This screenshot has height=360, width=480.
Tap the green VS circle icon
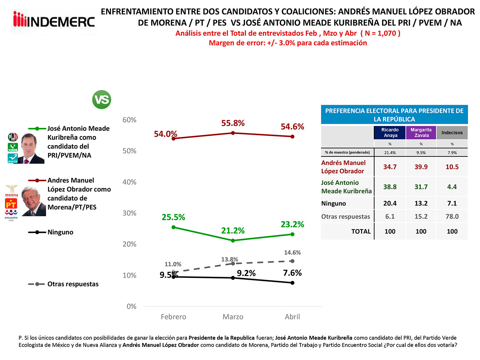point(102,100)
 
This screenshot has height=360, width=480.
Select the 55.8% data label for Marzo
point(233,123)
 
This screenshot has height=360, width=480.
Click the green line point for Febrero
point(173,227)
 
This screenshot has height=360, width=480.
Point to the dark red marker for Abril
point(292,136)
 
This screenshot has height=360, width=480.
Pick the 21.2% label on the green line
point(233,230)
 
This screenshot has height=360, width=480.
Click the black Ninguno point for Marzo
point(233,278)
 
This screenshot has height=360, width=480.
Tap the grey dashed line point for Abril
point(292,261)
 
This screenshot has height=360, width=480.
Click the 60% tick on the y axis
point(129,120)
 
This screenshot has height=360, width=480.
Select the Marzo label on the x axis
point(233,317)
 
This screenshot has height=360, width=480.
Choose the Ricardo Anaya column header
point(390,132)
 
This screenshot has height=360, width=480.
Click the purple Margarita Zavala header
point(421,132)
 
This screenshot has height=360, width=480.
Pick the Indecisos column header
point(452,132)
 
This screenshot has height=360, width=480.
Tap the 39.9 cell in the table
point(421,167)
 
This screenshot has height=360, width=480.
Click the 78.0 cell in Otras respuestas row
point(452,216)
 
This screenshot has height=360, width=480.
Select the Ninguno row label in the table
point(334,203)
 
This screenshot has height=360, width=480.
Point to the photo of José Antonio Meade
point(31,148)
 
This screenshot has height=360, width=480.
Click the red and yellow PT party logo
point(11,204)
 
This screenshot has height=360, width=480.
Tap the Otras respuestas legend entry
point(73,284)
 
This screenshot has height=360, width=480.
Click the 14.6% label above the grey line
point(292,252)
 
